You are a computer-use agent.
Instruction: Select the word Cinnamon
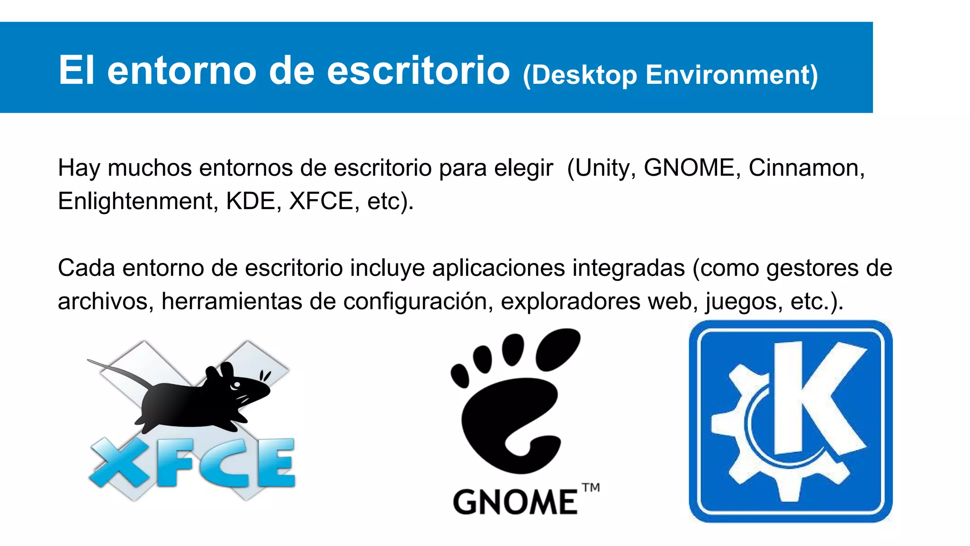point(806,168)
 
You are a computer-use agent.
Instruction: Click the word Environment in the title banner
point(731,75)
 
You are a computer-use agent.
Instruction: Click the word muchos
point(150,168)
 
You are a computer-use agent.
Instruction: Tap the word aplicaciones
point(498,268)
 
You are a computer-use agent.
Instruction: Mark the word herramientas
point(232,301)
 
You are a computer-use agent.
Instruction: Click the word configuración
point(415,301)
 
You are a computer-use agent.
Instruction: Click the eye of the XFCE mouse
point(236,385)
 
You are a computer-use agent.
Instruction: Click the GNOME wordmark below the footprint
point(515,502)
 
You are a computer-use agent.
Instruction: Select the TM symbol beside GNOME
point(591,488)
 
